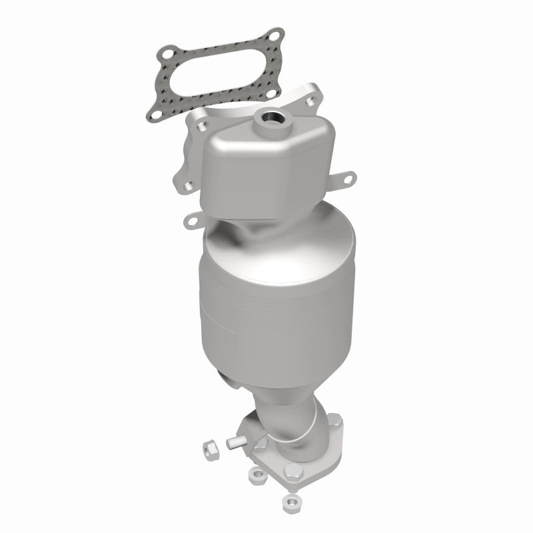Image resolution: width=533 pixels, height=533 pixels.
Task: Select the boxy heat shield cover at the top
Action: [x=260, y=160]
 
